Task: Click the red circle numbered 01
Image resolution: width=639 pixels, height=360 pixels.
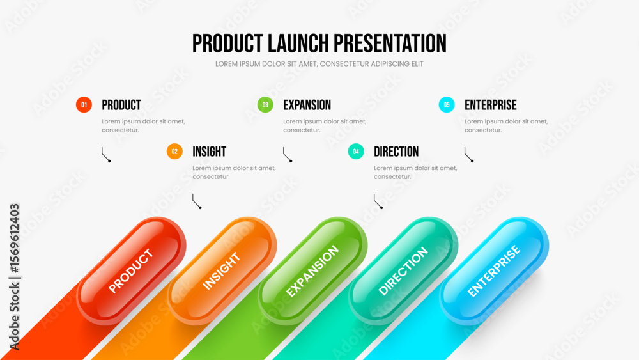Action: coord(84,105)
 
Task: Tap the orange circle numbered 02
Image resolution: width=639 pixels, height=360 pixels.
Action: coord(174,152)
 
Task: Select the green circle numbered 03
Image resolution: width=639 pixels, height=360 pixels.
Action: coord(265,105)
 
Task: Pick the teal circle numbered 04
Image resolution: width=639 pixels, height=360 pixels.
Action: coord(356,152)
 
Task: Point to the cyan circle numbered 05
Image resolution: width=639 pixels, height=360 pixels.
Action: coord(447,105)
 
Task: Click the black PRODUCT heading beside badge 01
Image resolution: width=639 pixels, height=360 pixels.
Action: coord(121,106)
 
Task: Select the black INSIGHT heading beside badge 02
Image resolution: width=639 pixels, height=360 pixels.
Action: coord(210,152)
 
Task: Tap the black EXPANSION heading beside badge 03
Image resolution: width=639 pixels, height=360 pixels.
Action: coord(307,106)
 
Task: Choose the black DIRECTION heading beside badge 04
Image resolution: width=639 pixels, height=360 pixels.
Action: coord(396,152)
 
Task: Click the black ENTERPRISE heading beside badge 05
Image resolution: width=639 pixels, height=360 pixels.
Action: coord(491,106)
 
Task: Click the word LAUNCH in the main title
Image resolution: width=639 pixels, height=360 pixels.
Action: coord(298,43)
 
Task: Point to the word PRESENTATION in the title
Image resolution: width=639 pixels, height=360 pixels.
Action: coord(390,43)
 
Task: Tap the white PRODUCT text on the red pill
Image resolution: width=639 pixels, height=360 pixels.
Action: coord(131,270)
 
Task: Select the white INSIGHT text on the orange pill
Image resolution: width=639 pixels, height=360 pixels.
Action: coord(221,271)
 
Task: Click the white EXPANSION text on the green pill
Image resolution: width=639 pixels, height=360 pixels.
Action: coord(312,270)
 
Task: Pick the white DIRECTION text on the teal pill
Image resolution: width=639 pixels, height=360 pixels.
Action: coord(403,270)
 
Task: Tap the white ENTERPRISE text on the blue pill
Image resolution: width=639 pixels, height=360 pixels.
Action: coord(493,270)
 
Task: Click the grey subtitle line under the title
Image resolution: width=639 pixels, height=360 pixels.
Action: coord(319,64)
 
